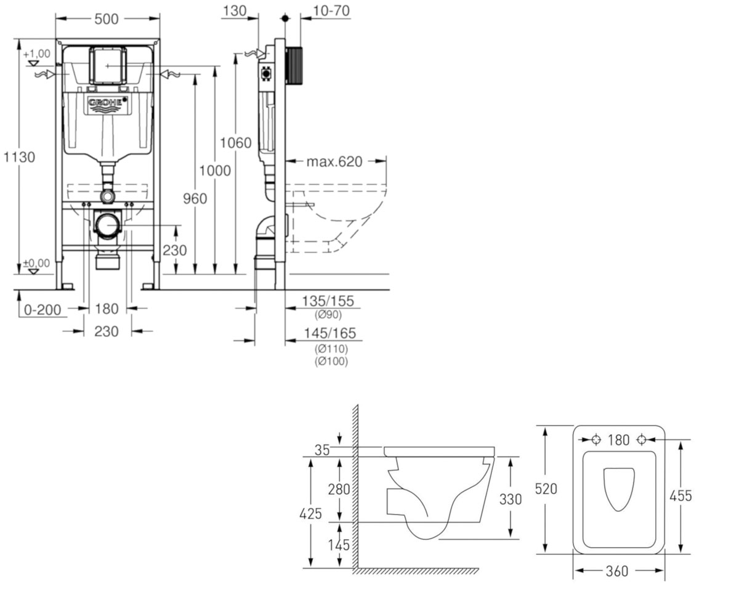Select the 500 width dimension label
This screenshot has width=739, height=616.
(107, 19)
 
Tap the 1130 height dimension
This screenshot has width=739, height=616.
(19, 157)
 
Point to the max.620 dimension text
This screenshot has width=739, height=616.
(334, 162)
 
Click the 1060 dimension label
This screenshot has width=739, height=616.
(236, 143)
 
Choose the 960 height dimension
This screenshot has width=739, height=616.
(195, 198)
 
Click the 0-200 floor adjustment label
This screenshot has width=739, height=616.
(42, 310)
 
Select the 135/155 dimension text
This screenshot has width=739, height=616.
(328, 301)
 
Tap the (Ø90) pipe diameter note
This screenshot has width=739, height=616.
(328, 315)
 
